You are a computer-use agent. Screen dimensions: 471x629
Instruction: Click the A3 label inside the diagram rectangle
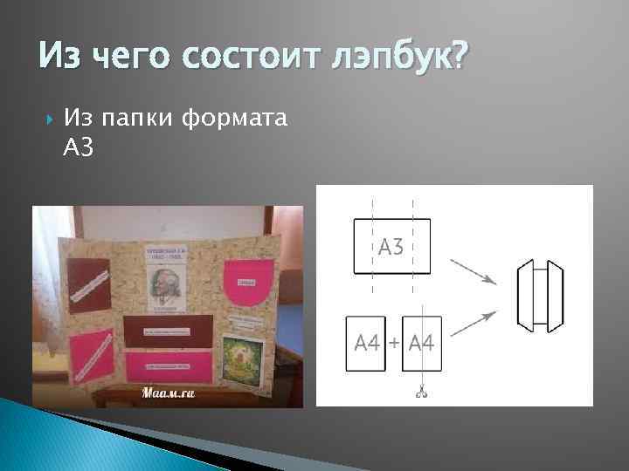click(x=391, y=247)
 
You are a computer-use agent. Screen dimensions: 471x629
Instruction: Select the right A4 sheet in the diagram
click(x=422, y=344)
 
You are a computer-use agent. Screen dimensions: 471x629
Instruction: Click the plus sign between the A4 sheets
click(x=394, y=343)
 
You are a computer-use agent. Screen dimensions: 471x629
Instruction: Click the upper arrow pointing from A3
click(x=473, y=270)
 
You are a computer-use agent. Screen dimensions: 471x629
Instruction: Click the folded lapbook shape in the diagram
click(x=537, y=295)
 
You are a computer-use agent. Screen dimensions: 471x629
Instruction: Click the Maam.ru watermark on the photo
click(x=166, y=392)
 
